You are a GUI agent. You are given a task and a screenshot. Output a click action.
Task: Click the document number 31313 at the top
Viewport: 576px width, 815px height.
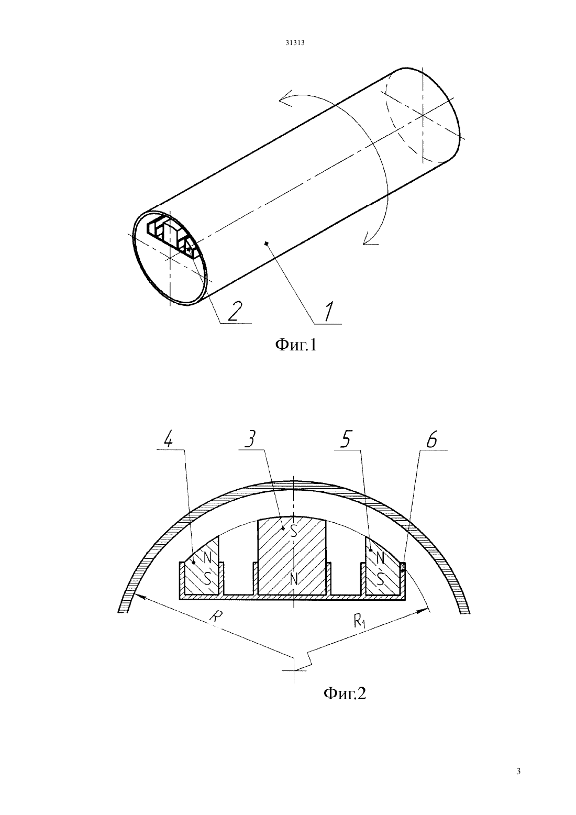tap(294, 42)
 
